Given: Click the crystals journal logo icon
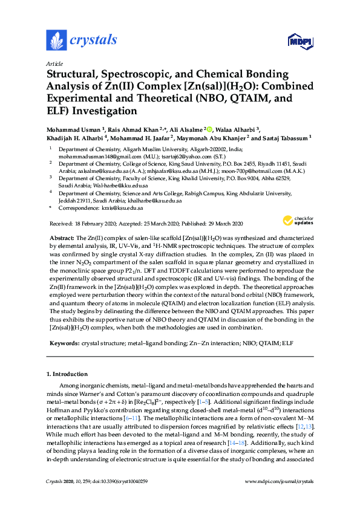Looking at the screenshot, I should pos(56,41).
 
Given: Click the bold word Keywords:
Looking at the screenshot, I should pos(62,343).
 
